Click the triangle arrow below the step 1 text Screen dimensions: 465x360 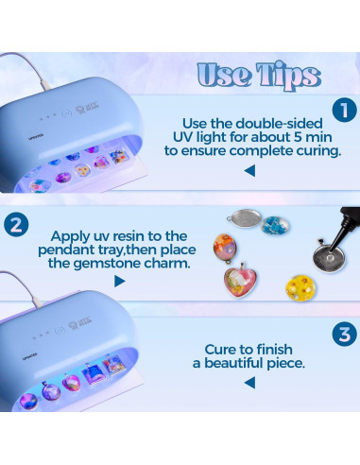coord(249,171)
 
